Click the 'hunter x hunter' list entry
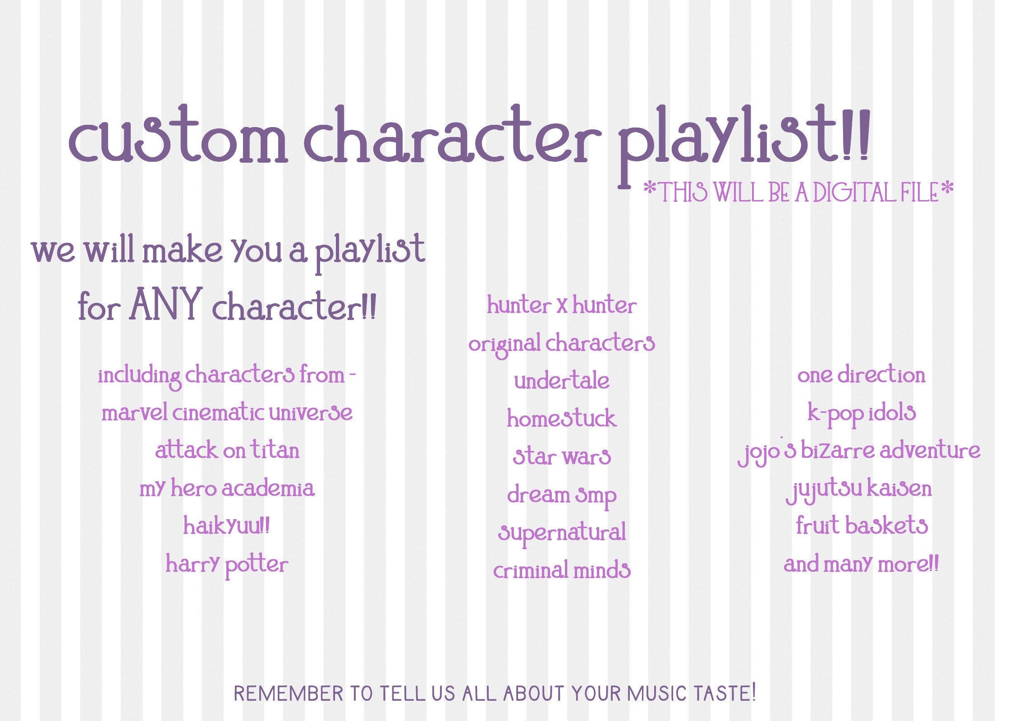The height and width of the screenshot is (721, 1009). point(561,306)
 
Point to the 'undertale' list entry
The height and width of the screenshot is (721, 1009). point(561,381)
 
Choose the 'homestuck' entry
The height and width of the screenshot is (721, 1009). point(561,419)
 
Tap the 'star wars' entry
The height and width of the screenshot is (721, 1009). point(561,456)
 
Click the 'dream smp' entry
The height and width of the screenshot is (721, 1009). point(561,495)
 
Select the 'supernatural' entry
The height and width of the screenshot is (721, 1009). point(561,533)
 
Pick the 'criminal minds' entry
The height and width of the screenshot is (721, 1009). point(561,570)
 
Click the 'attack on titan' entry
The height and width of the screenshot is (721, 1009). point(227,450)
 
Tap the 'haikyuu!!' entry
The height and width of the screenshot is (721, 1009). point(227,526)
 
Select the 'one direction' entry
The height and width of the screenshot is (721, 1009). point(861,375)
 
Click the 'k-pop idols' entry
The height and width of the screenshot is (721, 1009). point(861,413)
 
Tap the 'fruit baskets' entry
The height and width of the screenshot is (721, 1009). point(861,526)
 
